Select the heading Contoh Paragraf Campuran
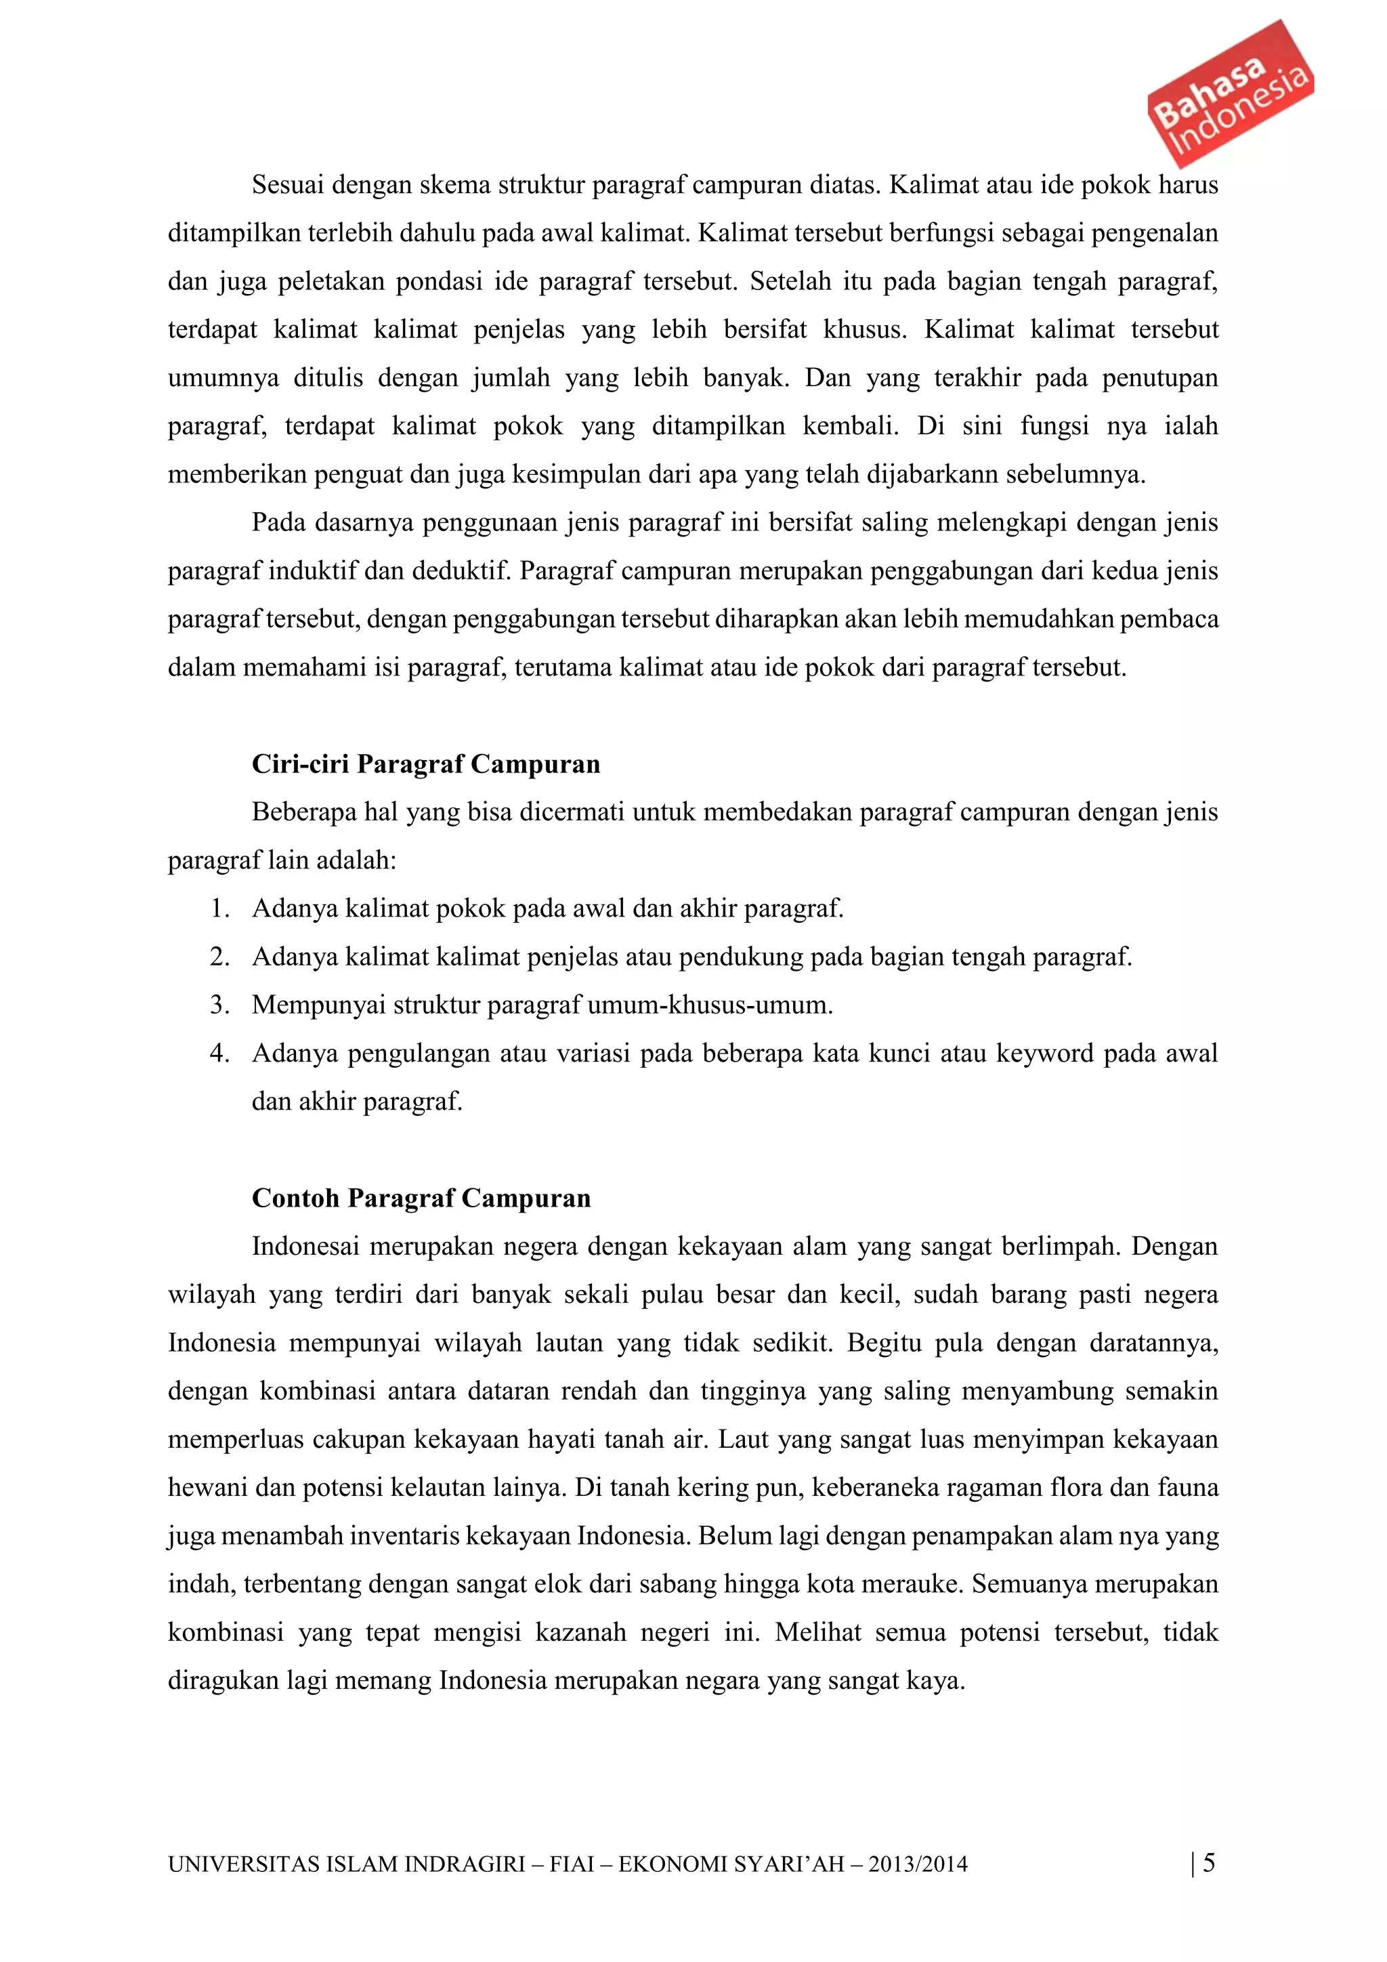pyautogui.click(x=421, y=1197)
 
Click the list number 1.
pyautogui.click(x=219, y=909)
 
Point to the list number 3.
pyautogui.click(x=219, y=1005)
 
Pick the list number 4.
pyautogui.click(x=219, y=1053)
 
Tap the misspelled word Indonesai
pyautogui.click(x=305, y=1246)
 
